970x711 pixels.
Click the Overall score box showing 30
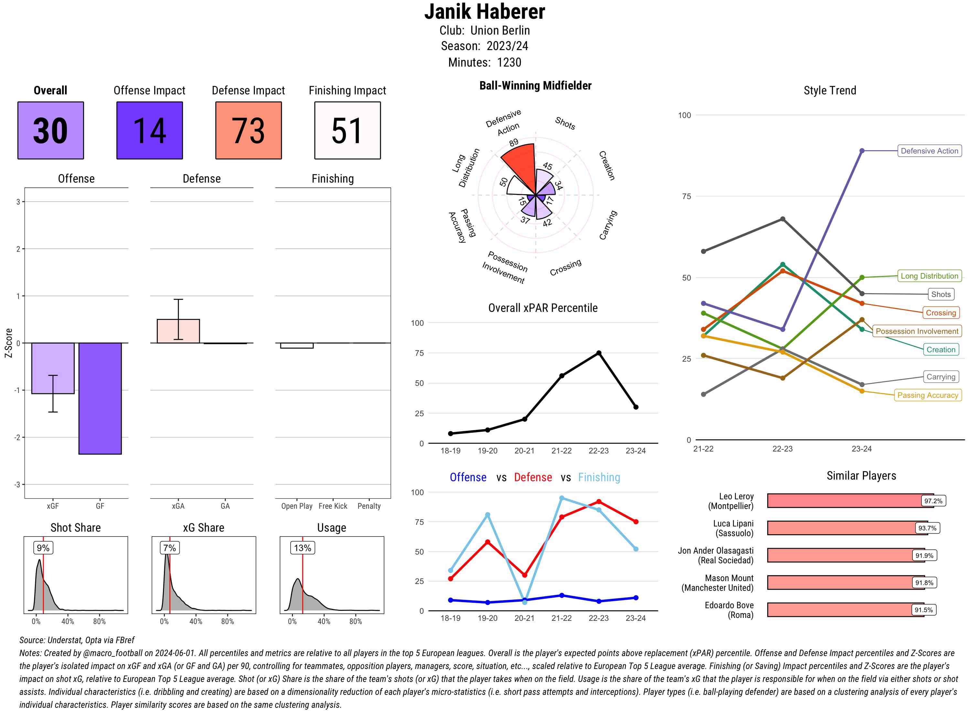(x=50, y=131)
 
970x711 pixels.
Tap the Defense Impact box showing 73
(x=248, y=131)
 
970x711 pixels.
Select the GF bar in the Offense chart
(x=100, y=398)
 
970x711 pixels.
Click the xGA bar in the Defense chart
(x=178, y=331)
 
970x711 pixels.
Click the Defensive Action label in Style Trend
(x=929, y=151)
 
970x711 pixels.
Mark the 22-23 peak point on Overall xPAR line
(x=598, y=353)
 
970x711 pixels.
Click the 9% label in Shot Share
(x=43, y=548)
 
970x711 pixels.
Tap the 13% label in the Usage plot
(x=302, y=548)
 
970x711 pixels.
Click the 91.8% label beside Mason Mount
(x=924, y=583)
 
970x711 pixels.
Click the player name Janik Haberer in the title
(x=485, y=12)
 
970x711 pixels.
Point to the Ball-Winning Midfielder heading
(x=535, y=86)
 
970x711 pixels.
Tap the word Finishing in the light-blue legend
(x=599, y=477)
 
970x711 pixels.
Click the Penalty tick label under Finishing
(x=369, y=506)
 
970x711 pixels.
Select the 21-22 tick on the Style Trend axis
(x=703, y=449)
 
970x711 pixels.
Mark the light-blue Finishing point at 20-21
(x=524, y=602)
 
